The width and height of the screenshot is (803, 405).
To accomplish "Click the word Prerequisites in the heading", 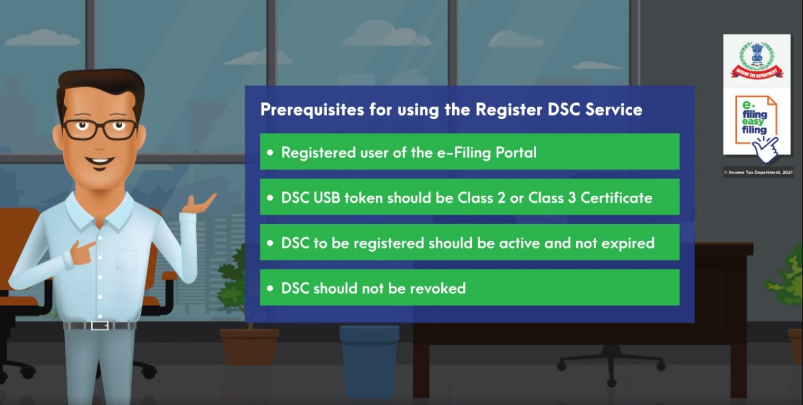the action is (x=312, y=110).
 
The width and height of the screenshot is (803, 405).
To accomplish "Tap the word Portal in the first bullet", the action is (x=516, y=153).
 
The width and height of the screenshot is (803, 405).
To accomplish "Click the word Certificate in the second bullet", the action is (x=616, y=197).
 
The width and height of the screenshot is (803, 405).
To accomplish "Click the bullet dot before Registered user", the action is (x=270, y=153).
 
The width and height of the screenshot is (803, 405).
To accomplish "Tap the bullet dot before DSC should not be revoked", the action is (x=270, y=288).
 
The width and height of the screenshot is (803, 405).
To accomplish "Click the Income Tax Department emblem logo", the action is (x=757, y=61).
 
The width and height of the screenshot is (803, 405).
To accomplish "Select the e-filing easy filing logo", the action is (x=756, y=128).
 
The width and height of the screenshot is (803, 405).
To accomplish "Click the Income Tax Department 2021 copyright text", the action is (x=758, y=173).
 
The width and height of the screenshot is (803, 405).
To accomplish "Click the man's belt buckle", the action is (x=100, y=325).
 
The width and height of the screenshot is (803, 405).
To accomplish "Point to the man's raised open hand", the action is (x=199, y=204).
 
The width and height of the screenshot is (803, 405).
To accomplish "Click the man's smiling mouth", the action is (x=100, y=161).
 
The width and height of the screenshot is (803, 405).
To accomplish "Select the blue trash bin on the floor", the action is (x=369, y=360).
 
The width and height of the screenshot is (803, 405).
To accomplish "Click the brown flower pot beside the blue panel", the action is (x=250, y=347).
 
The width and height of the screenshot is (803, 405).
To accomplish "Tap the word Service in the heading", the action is (x=614, y=110).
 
